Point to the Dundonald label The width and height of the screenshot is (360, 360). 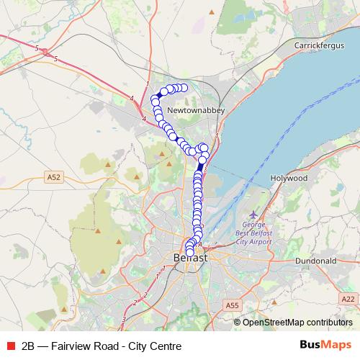tap(317, 261)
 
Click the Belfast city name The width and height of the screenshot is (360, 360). tap(191, 257)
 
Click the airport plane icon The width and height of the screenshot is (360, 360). tap(253, 215)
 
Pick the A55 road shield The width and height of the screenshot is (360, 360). tap(232, 306)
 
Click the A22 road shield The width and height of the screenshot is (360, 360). tap(349, 298)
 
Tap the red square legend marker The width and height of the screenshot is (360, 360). tap(10, 346)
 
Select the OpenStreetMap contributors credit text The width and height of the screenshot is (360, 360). tap(297, 322)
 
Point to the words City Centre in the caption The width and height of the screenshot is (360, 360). tap(154, 346)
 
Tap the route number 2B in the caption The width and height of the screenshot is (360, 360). tap(29, 346)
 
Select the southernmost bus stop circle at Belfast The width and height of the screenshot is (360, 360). tap(190, 251)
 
